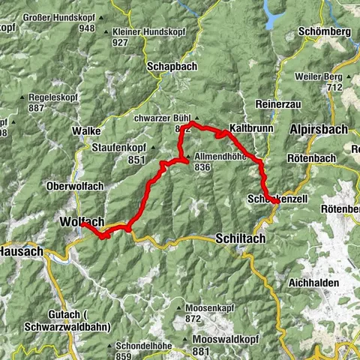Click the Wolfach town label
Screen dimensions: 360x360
coord(78,223)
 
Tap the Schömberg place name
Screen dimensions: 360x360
coord(325,32)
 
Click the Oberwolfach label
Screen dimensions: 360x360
coord(73,186)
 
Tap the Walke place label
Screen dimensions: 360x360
coord(82,130)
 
